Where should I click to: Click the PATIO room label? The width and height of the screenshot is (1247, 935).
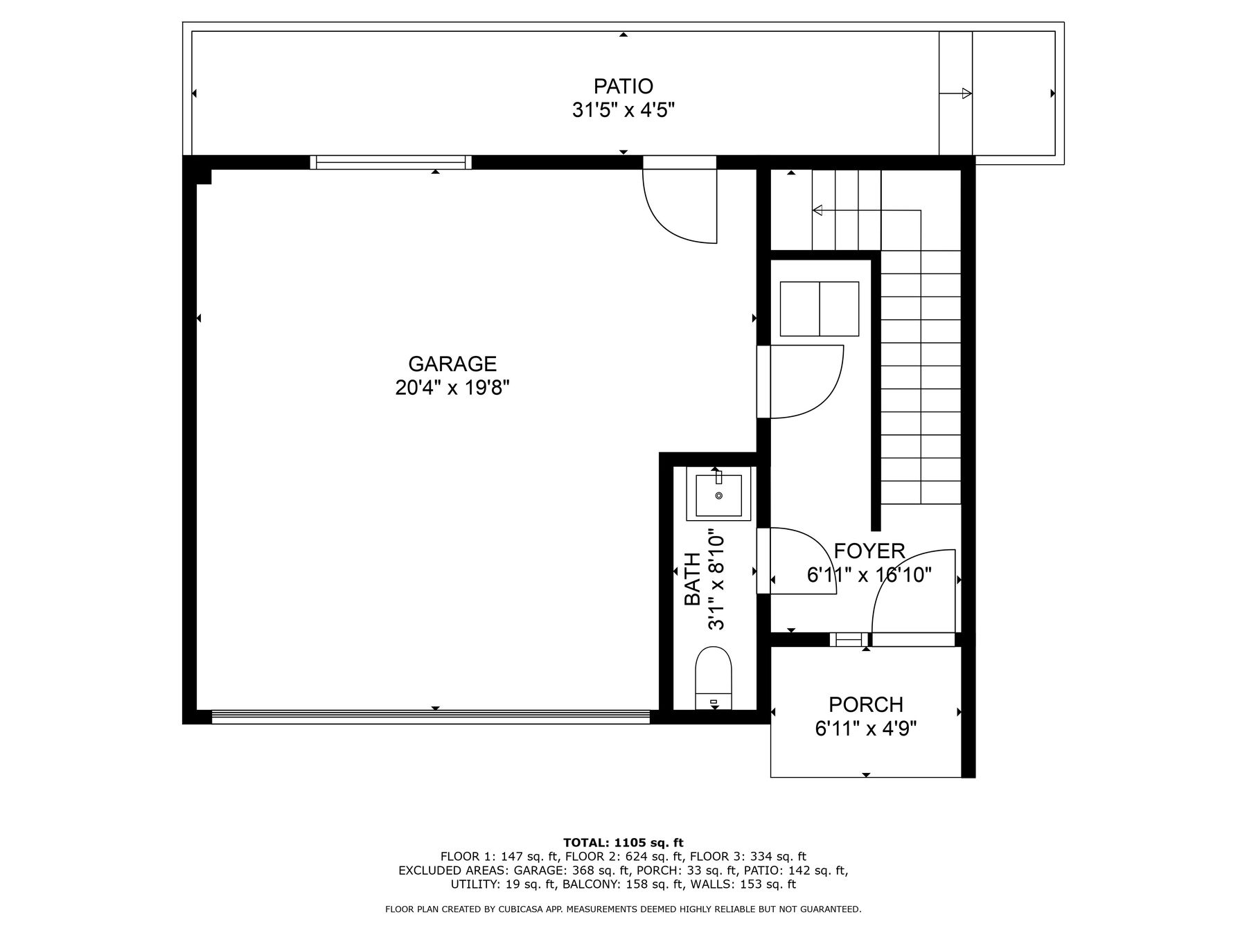[623, 87]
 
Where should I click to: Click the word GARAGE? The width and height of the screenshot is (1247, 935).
[452, 364]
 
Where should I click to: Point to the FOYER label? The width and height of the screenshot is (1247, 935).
[869, 551]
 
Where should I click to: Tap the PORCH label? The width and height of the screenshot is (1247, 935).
[866, 704]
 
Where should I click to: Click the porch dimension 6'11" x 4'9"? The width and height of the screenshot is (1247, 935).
[866, 729]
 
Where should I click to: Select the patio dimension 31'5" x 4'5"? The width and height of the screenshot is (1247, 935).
[623, 110]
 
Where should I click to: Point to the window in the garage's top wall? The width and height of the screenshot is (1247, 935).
[390, 162]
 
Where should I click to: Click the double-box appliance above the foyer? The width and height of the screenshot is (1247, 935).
[820, 309]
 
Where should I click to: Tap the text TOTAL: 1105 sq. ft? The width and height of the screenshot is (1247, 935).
[623, 843]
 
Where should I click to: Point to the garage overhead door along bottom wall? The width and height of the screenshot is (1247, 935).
[430, 717]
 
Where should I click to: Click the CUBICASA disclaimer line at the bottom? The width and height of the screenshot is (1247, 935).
[623, 909]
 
